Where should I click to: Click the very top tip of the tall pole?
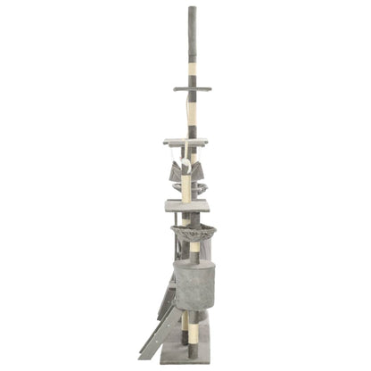[191, 8]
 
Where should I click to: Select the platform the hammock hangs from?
[185, 141]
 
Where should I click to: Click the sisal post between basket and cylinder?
[191, 254]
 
